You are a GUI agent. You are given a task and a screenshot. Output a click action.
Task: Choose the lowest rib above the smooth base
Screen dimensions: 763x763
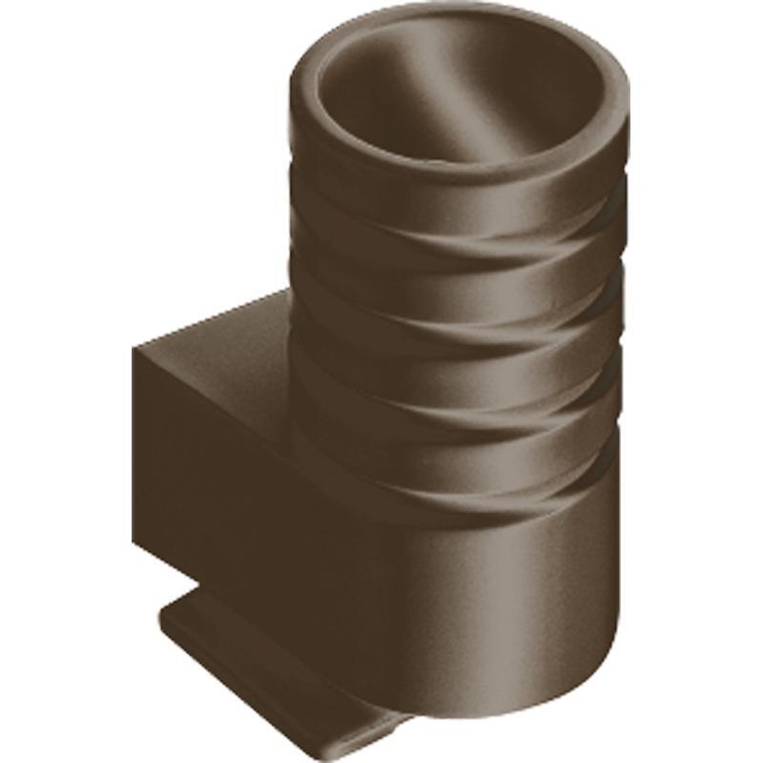458,467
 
